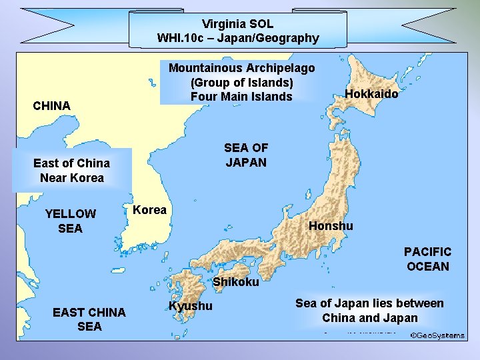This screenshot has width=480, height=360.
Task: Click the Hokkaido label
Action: point(371,94)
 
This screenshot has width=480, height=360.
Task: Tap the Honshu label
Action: point(331,226)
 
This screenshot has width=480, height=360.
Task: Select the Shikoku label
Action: point(236,282)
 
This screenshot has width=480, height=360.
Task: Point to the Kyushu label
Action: point(191,306)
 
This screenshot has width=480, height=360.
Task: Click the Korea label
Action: point(150,210)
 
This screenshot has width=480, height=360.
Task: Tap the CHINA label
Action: point(52,106)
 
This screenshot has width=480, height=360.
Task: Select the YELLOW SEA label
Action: point(70,221)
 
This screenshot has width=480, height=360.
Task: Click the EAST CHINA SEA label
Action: point(89,319)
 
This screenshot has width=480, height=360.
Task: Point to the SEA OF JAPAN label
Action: point(245,155)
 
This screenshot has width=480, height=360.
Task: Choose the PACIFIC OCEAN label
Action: point(427,259)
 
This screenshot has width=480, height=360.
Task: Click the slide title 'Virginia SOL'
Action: point(238,24)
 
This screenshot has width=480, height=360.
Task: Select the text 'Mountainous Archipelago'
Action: point(241,68)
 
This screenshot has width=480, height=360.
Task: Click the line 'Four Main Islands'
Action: point(241,97)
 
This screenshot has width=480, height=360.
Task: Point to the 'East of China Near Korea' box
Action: point(72,170)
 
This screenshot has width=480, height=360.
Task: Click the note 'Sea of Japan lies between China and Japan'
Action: point(369,311)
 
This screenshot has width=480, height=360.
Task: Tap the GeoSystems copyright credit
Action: point(437,335)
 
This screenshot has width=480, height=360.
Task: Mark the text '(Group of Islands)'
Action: point(241,83)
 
